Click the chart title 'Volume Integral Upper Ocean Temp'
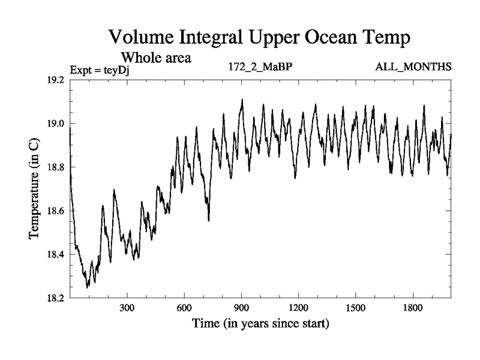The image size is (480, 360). (x=260, y=37)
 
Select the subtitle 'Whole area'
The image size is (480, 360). (x=156, y=58)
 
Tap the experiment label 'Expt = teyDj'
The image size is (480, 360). (x=100, y=70)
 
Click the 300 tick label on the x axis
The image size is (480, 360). (x=127, y=309)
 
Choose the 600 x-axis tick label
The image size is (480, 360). (x=184, y=309)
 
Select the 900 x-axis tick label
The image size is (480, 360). (x=241, y=309)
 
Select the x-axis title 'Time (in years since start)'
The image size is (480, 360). (x=260, y=325)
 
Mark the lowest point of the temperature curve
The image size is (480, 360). (x=87, y=288)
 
